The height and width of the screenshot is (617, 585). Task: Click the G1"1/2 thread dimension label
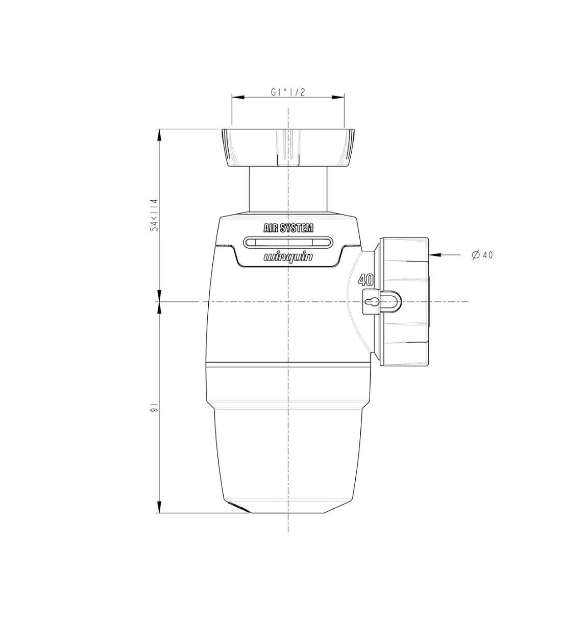tap(287, 92)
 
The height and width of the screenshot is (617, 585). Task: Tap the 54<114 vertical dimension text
tap(154, 216)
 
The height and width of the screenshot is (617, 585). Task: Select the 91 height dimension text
tap(154, 408)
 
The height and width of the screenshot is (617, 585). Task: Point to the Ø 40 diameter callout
tap(482, 255)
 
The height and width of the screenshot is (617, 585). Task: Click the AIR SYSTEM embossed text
tap(288, 228)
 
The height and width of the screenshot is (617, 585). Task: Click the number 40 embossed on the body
tap(366, 280)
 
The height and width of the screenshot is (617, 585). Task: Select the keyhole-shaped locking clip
tap(381, 302)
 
